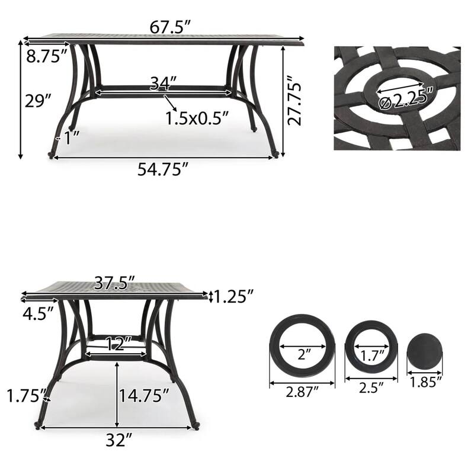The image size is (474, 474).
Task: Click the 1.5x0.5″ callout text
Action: pyautogui.click(x=197, y=118)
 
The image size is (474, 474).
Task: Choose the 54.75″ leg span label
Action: pyautogui.click(x=163, y=170)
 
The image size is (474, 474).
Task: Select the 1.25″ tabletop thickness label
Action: pyautogui.click(x=234, y=295)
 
